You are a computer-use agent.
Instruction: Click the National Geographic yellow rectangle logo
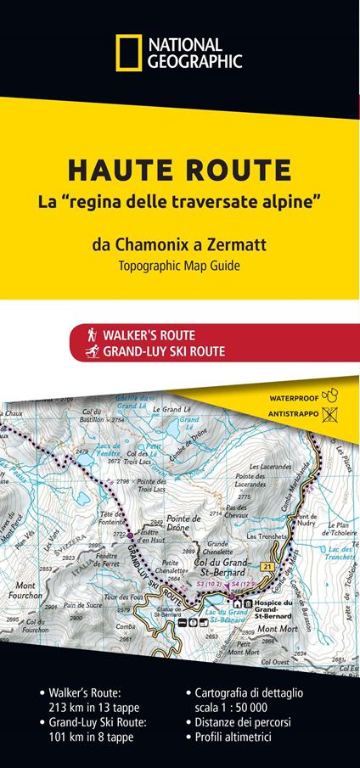pos(130,53)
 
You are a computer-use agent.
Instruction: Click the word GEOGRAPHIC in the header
pos(195,61)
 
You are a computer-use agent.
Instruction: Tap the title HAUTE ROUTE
pos(179,171)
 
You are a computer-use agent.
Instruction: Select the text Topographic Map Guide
pos(179,266)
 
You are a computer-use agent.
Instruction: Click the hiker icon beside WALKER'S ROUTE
pos(88,335)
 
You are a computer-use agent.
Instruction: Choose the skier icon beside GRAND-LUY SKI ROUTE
pos(88,351)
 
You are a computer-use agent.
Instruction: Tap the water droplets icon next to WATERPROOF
pos(332,395)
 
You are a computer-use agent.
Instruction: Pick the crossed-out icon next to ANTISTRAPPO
pos(330,414)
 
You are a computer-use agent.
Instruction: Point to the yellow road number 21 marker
pos(269,566)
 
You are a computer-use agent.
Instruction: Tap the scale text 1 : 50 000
pos(242,706)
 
